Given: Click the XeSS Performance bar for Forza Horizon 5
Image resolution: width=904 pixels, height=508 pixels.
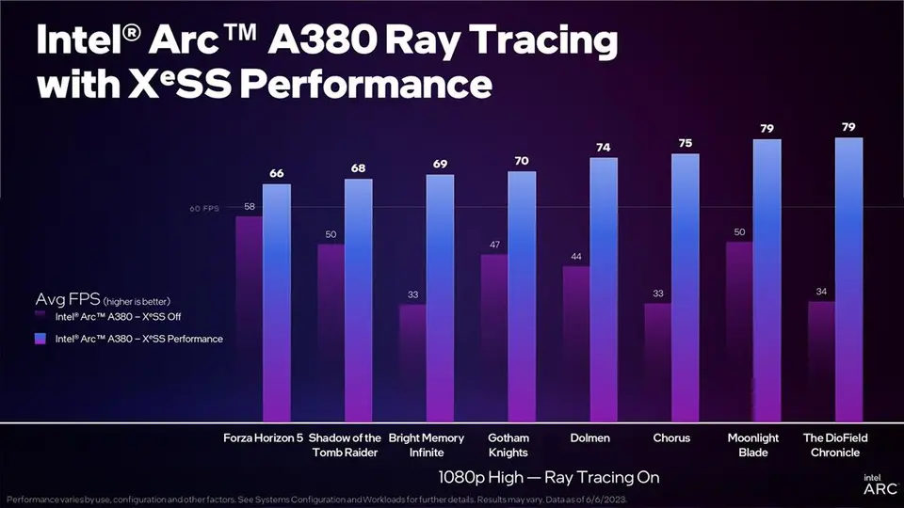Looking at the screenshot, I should (x=277, y=301).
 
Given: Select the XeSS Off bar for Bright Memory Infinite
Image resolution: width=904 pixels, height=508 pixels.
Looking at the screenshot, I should (x=412, y=362).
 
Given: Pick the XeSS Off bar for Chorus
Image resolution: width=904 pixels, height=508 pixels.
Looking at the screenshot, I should (x=657, y=362).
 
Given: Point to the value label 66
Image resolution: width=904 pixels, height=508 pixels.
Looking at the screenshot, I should (x=277, y=173).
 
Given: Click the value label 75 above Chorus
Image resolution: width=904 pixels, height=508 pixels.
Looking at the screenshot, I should (x=685, y=143).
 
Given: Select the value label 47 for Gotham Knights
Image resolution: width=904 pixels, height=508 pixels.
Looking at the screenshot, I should (x=494, y=244).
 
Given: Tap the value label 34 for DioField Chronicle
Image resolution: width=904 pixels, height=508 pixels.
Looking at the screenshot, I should (x=821, y=292).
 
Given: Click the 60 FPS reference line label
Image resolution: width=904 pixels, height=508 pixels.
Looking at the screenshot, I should (x=204, y=208).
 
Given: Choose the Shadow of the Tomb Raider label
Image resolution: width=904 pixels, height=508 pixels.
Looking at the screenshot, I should (x=345, y=445).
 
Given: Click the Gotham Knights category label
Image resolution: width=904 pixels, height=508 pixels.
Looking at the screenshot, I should (x=508, y=445).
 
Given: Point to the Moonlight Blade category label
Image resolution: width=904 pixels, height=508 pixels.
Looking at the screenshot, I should (x=753, y=445).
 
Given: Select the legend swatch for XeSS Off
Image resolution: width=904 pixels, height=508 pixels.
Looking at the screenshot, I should (x=40, y=317).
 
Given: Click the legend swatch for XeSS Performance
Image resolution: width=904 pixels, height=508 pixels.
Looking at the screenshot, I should (x=40, y=338).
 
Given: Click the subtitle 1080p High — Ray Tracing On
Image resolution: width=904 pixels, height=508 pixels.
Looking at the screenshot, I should (x=549, y=477).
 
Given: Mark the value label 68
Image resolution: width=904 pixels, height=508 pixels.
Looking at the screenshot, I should (x=359, y=168).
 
